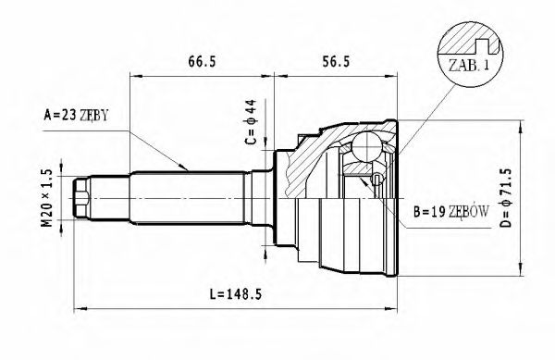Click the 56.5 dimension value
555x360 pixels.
point(335,62)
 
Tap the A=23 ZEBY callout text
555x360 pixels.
point(76,116)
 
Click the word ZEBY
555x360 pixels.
point(93,116)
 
